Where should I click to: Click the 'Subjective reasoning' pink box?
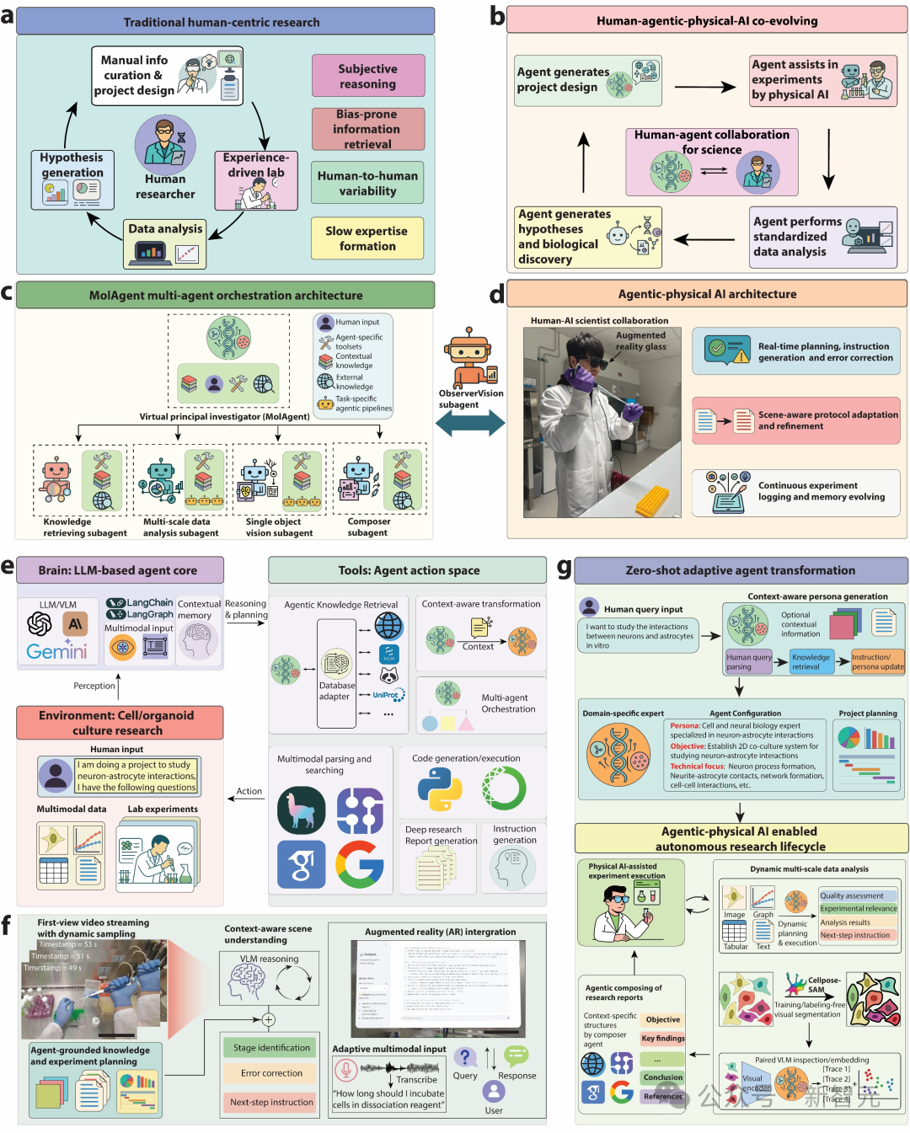(x=367, y=76)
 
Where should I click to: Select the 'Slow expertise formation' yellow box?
(x=367, y=238)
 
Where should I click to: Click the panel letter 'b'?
(x=497, y=17)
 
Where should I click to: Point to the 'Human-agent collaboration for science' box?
(x=711, y=161)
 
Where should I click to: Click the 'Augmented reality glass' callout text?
(x=640, y=340)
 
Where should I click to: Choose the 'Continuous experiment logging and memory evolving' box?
(x=796, y=492)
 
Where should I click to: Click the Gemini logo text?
(x=56, y=651)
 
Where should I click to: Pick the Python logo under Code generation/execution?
(x=439, y=789)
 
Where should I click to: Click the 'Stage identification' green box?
(x=271, y=1048)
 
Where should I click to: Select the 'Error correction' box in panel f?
(x=271, y=1073)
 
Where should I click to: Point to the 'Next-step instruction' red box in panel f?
(x=271, y=1102)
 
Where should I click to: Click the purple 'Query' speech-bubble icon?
(x=464, y=1057)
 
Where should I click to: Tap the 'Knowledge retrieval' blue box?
(x=811, y=661)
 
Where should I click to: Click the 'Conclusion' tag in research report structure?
(x=663, y=1077)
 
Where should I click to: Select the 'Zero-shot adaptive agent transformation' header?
(x=740, y=570)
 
